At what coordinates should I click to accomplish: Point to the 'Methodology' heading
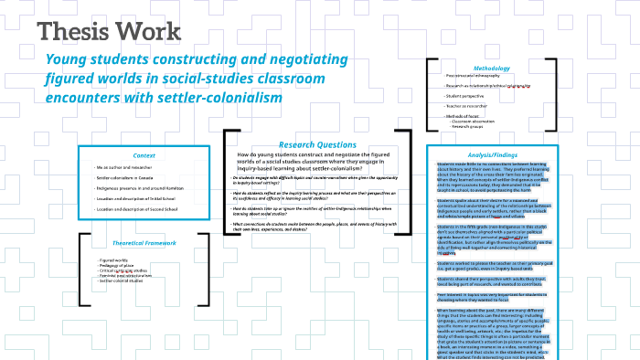[x=491, y=68]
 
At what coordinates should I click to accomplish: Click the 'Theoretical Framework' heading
[x=144, y=243]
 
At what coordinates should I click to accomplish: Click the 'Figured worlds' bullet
[x=115, y=260]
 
